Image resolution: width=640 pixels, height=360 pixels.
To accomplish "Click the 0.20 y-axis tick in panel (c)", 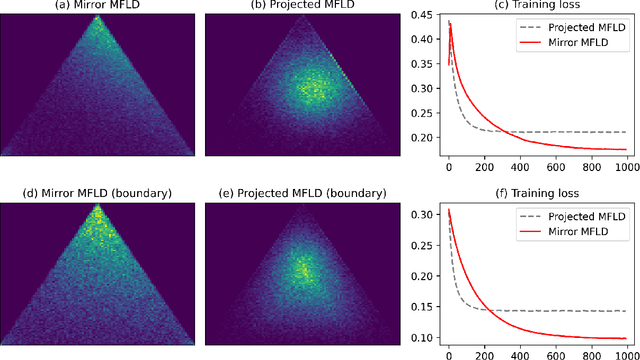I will tap(425, 137).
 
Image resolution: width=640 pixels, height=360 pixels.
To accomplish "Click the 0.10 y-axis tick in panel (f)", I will tap(425, 337).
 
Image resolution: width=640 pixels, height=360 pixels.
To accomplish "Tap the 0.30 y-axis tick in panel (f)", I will tap(425, 214).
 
